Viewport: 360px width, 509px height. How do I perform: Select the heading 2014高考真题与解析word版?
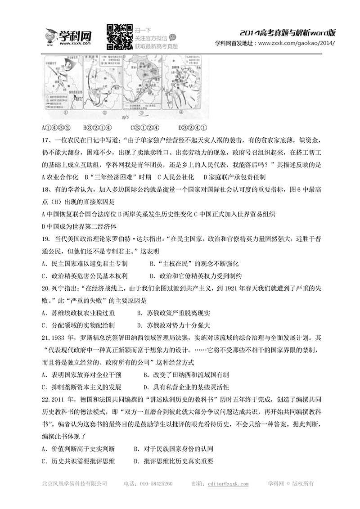tap(288, 33)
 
